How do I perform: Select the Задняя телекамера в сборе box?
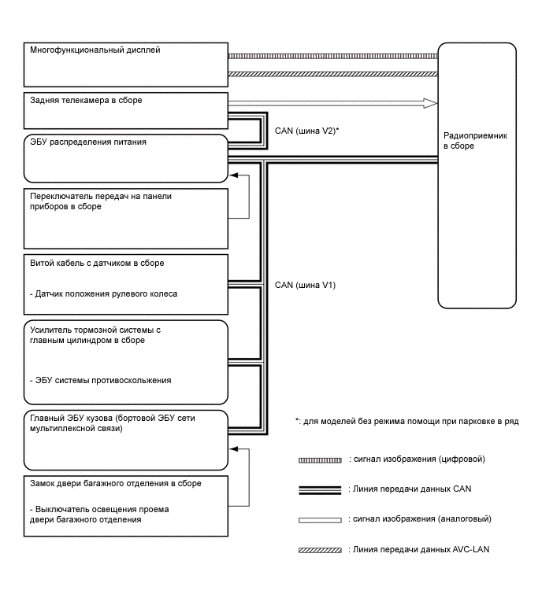tap(126, 111)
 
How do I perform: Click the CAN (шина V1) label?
tap(305, 285)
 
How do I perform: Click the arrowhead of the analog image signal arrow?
tap(429, 102)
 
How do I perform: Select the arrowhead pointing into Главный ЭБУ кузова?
tap(232, 451)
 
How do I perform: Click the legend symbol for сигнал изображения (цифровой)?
tap(320, 459)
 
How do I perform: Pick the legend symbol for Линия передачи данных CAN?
tap(320, 489)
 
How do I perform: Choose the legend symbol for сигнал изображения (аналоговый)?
tap(320, 520)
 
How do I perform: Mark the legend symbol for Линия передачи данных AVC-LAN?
tap(320, 550)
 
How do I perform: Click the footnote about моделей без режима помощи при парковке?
tap(406, 422)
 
